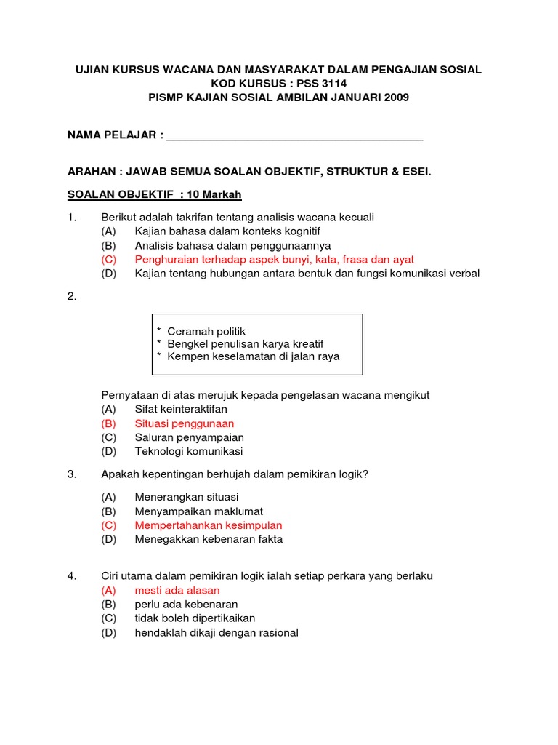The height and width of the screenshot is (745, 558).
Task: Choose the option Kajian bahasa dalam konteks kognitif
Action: click(227, 231)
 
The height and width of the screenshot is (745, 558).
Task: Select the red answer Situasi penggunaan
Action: click(185, 423)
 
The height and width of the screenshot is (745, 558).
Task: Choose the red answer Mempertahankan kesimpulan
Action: click(209, 525)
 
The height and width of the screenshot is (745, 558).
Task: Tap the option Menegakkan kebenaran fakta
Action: click(209, 539)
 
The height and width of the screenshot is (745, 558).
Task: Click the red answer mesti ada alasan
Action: click(177, 591)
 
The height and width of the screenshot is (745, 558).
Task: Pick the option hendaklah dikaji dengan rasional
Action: click(217, 632)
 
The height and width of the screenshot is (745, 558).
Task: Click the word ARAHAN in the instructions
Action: click(92, 172)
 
